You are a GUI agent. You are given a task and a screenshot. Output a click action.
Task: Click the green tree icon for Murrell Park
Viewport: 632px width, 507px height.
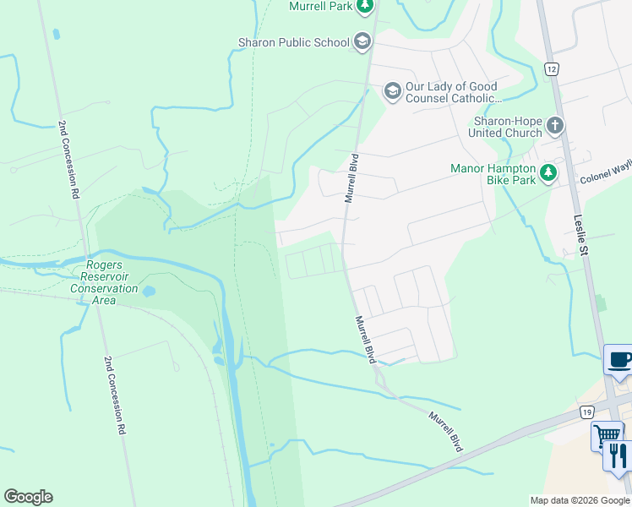[x=364, y=8]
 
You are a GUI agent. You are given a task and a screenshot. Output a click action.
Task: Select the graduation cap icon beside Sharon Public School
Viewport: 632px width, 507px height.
[x=362, y=42]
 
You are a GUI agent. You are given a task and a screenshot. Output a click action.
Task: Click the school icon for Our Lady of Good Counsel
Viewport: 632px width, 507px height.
[x=392, y=90]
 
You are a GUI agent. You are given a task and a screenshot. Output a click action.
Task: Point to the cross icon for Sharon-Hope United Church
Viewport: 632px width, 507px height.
[x=555, y=127]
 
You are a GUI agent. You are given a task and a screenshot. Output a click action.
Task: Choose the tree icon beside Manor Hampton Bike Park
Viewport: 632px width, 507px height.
[x=548, y=173]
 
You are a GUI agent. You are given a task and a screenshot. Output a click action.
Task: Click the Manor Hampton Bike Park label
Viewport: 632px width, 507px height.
[x=493, y=174]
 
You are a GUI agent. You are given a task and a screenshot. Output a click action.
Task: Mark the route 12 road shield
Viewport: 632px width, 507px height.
[x=551, y=68]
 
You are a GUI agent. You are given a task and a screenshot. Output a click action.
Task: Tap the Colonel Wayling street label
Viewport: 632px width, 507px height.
[x=605, y=177]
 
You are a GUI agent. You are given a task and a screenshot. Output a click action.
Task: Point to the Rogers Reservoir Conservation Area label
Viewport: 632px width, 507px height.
[x=105, y=276]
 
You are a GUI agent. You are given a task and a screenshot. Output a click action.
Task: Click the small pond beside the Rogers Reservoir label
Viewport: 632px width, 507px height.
[x=149, y=292]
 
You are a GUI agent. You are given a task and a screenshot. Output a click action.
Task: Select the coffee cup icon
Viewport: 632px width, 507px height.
[x=619, y=361]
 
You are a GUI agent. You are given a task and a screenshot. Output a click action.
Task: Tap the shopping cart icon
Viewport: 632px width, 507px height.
[x=606, y=436]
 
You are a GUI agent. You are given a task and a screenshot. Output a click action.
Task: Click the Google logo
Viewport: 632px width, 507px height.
[x=28, y=497]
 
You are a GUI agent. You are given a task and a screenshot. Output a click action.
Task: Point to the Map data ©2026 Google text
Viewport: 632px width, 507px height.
[x=579, y=500]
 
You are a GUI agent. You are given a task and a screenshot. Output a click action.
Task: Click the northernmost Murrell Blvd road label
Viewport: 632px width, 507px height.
[x=350, y=178]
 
